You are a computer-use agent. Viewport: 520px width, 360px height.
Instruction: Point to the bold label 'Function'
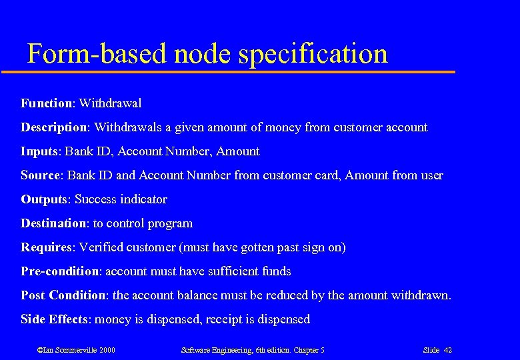[47, 103]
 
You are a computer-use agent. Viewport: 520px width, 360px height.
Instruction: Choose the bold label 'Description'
[54, 127]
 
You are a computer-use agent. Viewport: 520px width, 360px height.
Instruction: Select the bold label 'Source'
[41, 175]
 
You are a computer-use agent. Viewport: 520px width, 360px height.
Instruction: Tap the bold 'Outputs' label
[44, 199]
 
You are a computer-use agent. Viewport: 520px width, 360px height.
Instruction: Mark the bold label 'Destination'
[54, 223]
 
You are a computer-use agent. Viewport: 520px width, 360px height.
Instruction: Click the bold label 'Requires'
[46, 247]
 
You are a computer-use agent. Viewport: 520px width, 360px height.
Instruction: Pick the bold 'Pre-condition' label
[59, 271]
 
